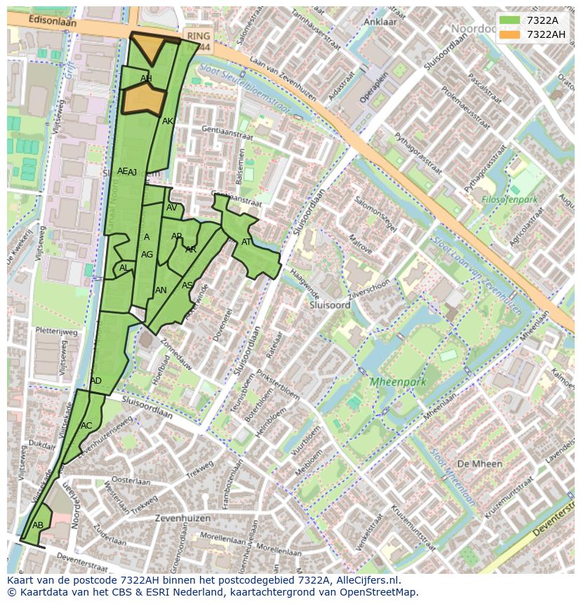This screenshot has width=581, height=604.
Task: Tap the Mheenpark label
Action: pos(399,382)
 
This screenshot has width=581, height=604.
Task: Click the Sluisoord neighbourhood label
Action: pos(330,306)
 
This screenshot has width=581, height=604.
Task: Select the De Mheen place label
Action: pos(479,464)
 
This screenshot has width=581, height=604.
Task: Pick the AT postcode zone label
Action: pos(246,242)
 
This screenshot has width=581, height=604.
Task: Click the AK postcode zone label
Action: pos(167,121)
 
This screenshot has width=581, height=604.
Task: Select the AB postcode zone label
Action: pos(38,525)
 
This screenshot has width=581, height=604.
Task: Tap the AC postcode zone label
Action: pos(86,425)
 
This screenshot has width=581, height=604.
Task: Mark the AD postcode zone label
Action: pos(96,381)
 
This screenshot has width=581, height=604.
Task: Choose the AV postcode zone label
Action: pos(172,208)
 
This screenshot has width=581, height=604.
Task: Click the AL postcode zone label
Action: pos(123,268)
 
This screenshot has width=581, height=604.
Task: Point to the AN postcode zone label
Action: pos(161,290)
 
